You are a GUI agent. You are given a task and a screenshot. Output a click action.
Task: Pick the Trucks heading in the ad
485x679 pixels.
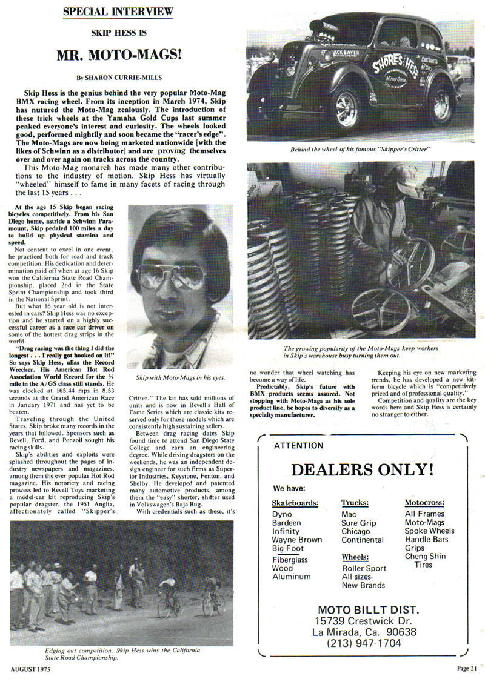355,502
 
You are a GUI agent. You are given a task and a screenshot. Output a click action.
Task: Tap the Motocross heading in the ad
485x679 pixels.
424,502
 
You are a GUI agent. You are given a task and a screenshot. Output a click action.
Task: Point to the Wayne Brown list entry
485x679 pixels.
296,540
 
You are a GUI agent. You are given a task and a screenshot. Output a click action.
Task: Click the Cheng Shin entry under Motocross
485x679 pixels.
426,556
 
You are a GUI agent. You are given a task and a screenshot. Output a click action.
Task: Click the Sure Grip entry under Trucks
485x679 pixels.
359,523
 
